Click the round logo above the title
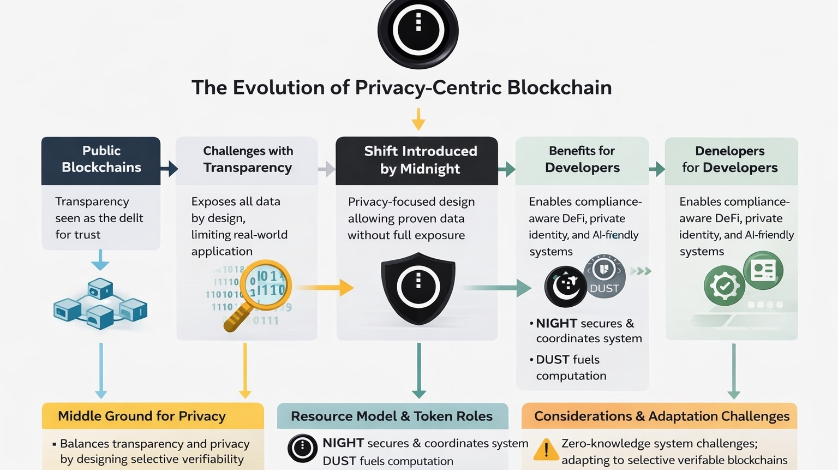coord(418,31)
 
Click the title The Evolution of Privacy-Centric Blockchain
coord(402,87)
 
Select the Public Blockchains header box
coord(101,159)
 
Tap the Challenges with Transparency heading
coord(248,159)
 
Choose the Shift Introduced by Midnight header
coord(420,159)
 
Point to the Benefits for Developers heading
coord(582,159)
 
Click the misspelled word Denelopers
coord(730,151)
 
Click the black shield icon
coord(418,287)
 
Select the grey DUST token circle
coord(604,276)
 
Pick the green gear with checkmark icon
coord(724,285)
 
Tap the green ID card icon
coord(763,270)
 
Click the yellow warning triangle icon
coord(546,449)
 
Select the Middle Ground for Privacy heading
coord(142,416)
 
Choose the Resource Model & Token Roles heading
coord(392,416)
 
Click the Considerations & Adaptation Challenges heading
coord(661,416)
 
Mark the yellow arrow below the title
coord(418,119)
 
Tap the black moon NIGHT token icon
coord(566,286)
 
